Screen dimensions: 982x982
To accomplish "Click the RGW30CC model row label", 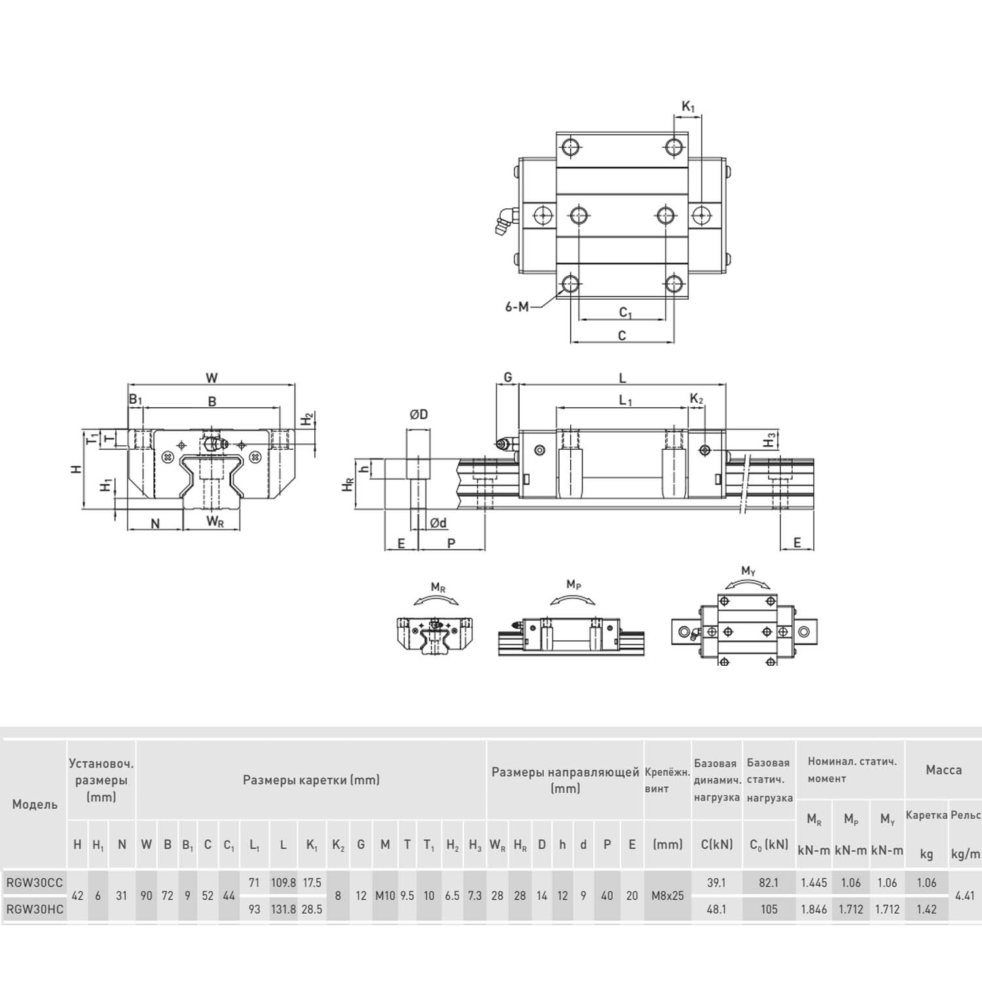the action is [x=35, y=882].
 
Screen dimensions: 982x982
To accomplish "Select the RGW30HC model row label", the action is [x=35, y=909].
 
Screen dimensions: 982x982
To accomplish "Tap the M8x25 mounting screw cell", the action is [x=668, y=896].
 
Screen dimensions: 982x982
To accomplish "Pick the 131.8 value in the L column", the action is [x=283, y=909].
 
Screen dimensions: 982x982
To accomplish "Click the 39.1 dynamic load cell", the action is [x=717, y=882].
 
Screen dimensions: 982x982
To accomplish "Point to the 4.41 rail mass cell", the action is [x=965, y=896].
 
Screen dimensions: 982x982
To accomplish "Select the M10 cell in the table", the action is [x=385, y=896].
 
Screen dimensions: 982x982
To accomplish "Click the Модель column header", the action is [x=35, y=805].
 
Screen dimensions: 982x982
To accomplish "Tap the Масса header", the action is [x=943, y=770].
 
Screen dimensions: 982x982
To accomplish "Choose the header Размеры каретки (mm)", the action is [x=311, y=780].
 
